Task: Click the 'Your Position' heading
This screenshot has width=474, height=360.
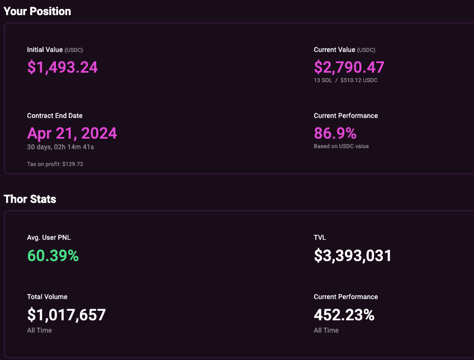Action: (37, 11)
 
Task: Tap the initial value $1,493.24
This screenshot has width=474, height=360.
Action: (63, 68)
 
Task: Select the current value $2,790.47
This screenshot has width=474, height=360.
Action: (349, 68)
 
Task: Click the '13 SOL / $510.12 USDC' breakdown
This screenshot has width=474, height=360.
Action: (345, 80)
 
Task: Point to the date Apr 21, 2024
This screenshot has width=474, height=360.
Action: (72, 133)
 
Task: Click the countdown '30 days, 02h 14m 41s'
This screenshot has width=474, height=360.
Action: (61, 147)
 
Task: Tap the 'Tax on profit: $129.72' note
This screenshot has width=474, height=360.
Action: (55, 164)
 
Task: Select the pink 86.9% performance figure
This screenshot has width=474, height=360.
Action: (335, 133)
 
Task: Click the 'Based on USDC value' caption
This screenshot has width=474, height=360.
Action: (341, 146)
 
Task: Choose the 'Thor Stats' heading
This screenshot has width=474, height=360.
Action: (30, 199)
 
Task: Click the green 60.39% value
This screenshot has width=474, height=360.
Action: (53, 256)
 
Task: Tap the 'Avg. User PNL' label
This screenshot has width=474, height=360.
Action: (49, 238)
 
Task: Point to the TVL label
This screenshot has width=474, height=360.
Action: (320, 238)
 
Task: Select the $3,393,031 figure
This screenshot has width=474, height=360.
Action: (353, 256)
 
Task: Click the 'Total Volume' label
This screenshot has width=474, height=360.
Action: (47, 297)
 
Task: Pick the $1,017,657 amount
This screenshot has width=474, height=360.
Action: (67, 315)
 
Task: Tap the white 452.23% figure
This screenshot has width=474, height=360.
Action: (344, 315)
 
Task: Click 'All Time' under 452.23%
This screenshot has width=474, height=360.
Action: (326, 330)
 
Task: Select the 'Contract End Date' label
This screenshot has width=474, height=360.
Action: (55, 116)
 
